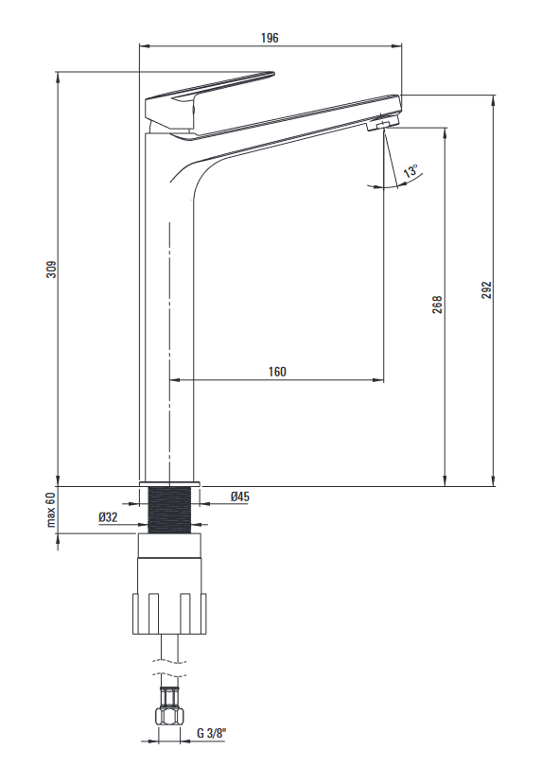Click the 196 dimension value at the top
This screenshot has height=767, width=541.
[270, 38]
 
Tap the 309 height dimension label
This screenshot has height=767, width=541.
[51, 270]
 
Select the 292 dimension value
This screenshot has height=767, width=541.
[486, 290]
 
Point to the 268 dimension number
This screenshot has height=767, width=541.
[437, 305]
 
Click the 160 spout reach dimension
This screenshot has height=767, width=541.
[277, 372]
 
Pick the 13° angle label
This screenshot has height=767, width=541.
[410, 171]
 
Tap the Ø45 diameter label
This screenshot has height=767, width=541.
[239, 497]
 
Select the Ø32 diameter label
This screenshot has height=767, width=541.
[108, 517]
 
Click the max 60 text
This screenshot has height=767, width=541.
[51, 510]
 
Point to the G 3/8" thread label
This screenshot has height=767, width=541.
[211, 733]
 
